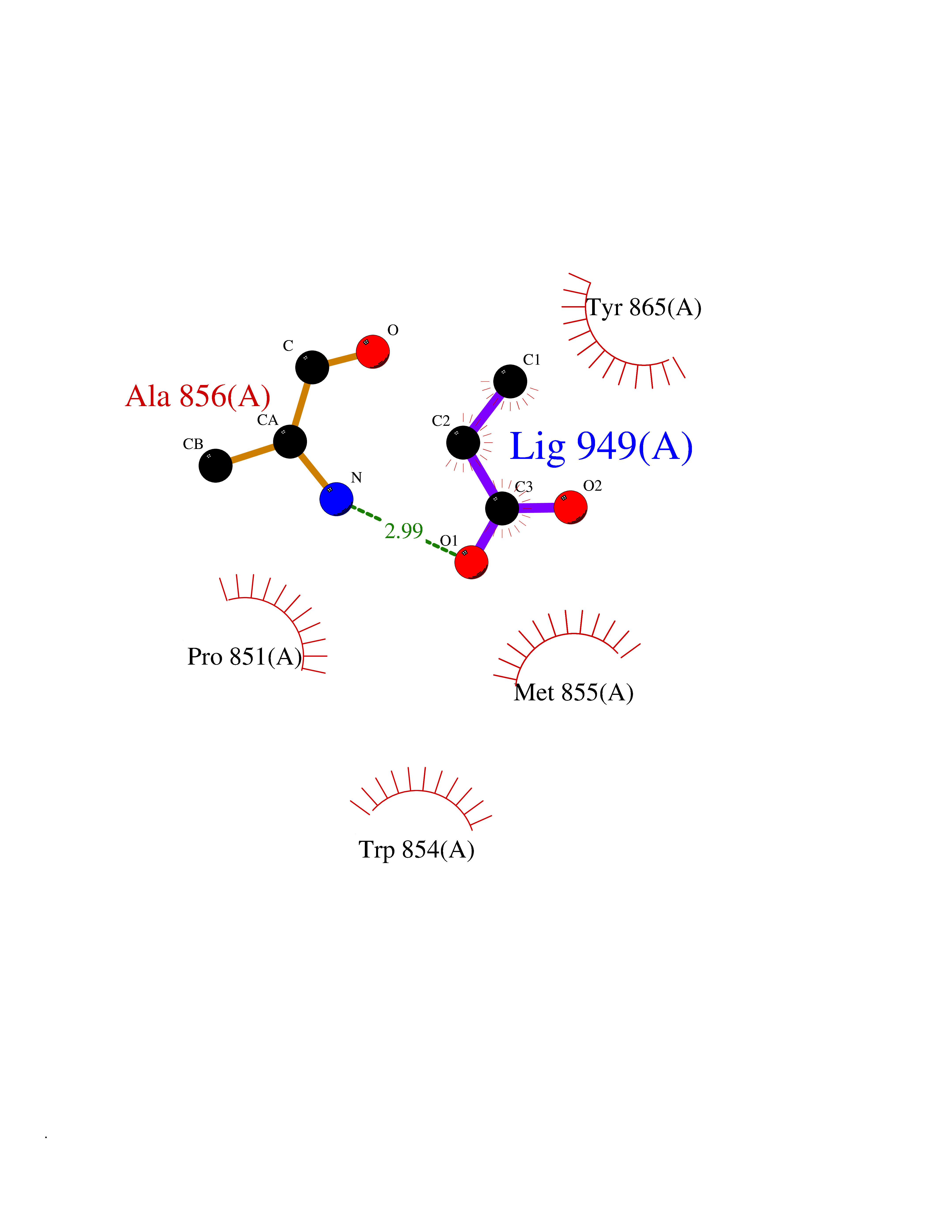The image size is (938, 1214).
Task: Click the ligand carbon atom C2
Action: (x=463, y=443)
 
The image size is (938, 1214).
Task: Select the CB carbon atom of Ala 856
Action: (x=216, y=466)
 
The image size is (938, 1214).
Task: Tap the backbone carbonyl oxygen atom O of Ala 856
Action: (x=372, y=351)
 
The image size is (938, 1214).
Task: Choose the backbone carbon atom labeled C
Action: (x=312, y=367)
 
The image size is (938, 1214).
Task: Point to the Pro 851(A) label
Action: (x=245, y=656)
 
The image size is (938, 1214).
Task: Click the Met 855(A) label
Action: (x=573, y=693)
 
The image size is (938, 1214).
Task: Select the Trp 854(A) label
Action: (x=416, y=849)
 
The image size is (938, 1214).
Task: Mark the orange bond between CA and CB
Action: (x=253, y=454)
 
